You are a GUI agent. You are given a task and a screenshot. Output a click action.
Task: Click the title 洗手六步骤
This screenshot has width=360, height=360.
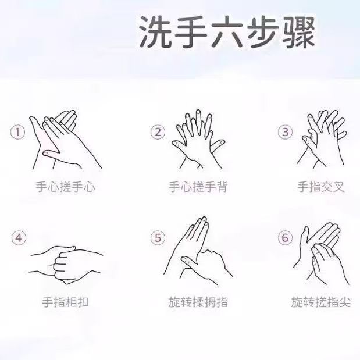point(227,34)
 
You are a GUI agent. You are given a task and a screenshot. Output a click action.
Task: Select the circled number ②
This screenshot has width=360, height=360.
point(158,131)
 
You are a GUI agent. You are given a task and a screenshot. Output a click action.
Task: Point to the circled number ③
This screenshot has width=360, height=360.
point(284,131)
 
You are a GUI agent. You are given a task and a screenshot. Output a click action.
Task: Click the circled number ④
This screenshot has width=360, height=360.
point(19,238)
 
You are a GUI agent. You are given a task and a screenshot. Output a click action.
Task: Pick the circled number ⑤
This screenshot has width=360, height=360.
point(158,237)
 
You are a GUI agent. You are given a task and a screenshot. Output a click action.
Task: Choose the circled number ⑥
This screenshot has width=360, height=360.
point(284,237)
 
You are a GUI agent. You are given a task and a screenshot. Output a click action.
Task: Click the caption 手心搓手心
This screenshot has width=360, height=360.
point(65,187)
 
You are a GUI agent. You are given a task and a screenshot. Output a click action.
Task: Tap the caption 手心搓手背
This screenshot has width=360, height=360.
point(198,187)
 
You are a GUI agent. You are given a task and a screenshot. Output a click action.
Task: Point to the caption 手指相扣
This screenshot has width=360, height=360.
point(65,302)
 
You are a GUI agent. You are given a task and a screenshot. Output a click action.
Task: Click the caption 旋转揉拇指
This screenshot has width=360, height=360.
point(198,302)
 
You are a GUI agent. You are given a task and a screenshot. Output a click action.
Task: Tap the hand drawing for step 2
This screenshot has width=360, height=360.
point(198,137)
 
